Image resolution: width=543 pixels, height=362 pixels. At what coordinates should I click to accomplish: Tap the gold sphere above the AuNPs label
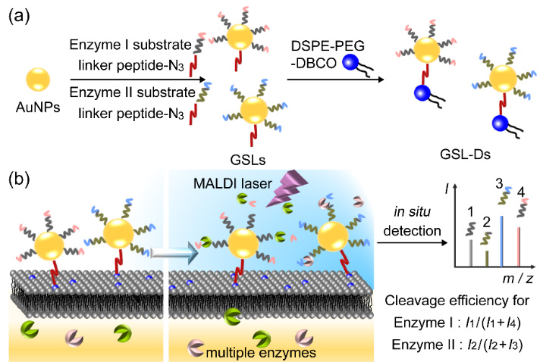click(37, 80)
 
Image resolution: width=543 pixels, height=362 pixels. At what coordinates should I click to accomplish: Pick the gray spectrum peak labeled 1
click(472, 254)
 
